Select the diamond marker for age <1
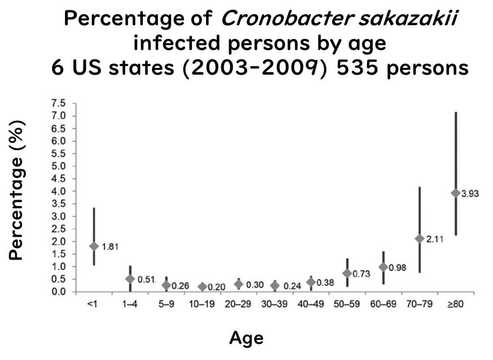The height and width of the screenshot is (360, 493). click(94, 246)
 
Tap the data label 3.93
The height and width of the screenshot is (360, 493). click(470, 193)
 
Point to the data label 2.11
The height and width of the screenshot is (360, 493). click(435, 239)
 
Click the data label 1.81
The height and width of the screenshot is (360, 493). click(110, 246)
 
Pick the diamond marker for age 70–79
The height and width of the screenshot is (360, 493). click(420, 239)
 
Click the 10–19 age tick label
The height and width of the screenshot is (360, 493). click(202, 305)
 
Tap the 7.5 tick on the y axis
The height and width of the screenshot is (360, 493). click(59, 104)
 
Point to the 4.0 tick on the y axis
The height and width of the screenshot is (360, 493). click(59, 191)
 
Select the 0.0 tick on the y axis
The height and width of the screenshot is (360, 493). click(59, 292)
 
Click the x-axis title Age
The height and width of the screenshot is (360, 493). click(246, 338)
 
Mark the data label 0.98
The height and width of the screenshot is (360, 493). click(398, 267)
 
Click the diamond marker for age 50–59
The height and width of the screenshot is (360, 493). click(347, 273)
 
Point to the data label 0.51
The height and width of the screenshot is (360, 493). click(146, 279)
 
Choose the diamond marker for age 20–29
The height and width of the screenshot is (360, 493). click(239, 284)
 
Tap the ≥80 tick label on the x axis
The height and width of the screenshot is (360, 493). click(456, 305)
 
